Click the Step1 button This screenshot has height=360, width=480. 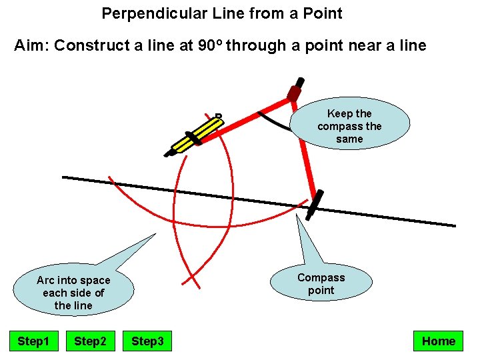pyautogui.click(x=33, y=341)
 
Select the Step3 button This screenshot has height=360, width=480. pyautogui.click(x=147, y=341)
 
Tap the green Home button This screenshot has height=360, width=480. pyautogui.click(x=438, y=341)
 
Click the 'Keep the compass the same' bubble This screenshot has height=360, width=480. pyautogui.click(x=349, y=126)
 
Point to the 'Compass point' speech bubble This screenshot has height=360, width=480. pyautogui.click(x=321, y=283)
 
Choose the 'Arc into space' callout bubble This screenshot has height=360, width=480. pyautogui.click(x=73, y=292)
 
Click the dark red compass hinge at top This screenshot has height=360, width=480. pyautogui.click(x=294, y=93)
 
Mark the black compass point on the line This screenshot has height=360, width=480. pyautogui.click(x=314, y=205)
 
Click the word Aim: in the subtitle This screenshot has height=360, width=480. pyautogui.click(x=32, y=45)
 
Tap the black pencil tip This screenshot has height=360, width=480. pyautogui.click(x=168, y=154)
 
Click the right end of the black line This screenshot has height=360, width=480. pyautogui.click(x=455, y=225)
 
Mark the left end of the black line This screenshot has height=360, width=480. pyautogui.click(x=63, y=177)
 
